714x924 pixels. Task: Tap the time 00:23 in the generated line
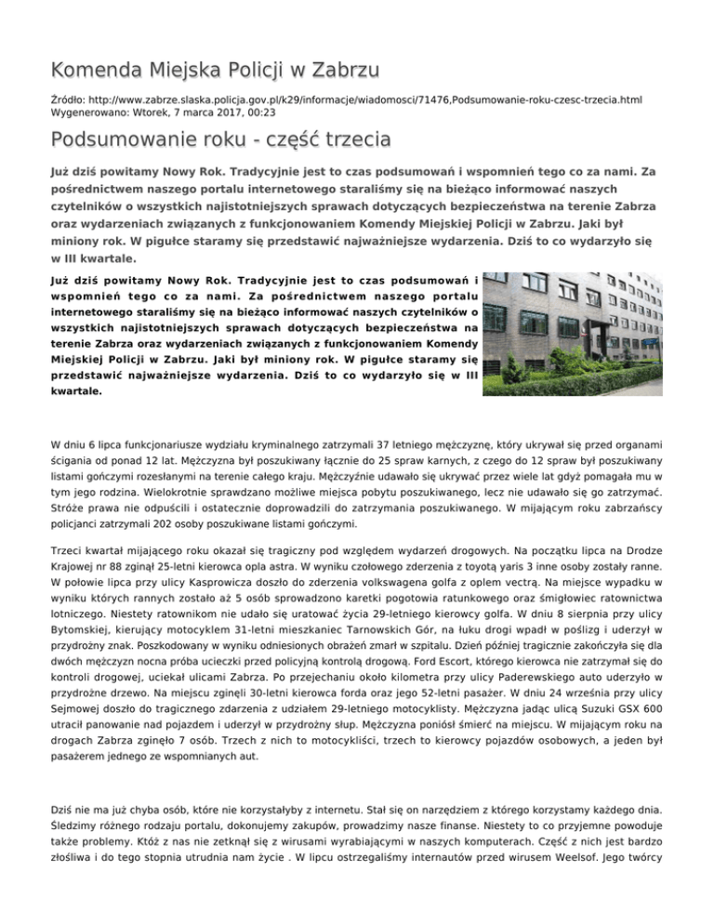point(242,112)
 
